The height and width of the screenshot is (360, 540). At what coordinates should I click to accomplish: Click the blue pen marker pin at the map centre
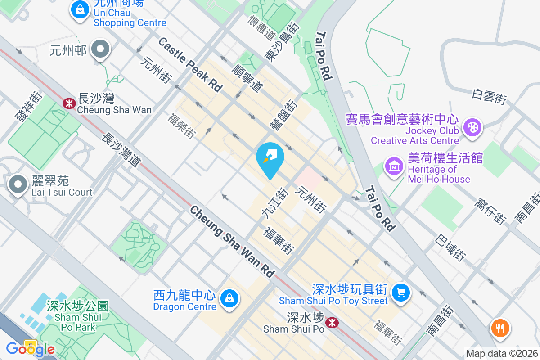[x=270, y=158]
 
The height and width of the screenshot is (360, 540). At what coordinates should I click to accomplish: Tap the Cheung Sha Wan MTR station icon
[x=69, y=103]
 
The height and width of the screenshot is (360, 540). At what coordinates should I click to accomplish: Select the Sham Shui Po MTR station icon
[x=332, y=322]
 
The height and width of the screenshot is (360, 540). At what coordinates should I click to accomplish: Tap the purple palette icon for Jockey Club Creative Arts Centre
[x=472, y=127]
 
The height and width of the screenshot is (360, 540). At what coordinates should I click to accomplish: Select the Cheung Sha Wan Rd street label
[x=232, y=242]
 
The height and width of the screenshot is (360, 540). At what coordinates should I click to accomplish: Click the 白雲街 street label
[x=490, y=96]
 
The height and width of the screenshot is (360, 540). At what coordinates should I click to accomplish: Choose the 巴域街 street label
[x=450, y=248]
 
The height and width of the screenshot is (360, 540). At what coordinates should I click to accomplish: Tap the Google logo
[x=30, y=349]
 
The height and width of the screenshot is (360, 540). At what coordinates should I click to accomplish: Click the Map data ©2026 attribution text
[x=502, y=354]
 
